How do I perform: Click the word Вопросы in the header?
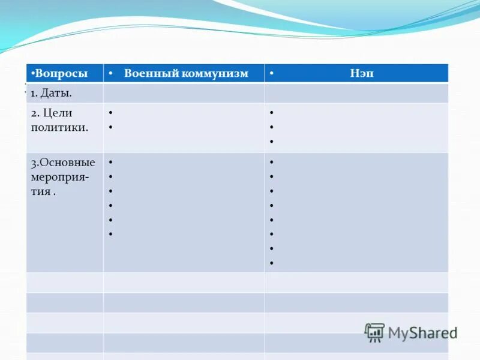pos(61,73)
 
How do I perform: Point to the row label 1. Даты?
pos(51,93)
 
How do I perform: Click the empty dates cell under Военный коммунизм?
pos(184,93)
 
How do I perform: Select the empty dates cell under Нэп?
pos(356,93)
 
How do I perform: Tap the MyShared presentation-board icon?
pos(374,332)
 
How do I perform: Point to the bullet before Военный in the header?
pos(111,74)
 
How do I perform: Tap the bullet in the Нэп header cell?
pos(272,74)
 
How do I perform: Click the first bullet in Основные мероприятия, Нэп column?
pos(272,163)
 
